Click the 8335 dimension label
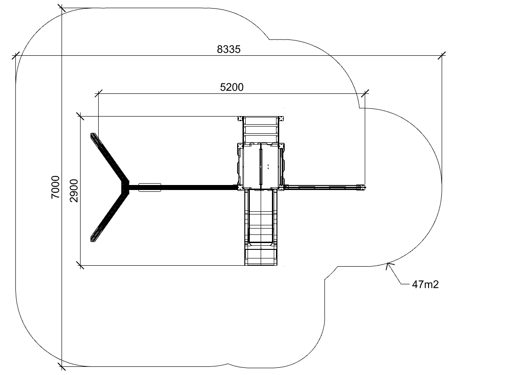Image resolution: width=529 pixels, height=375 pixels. click(229, 49)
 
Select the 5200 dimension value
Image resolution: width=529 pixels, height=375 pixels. click(232, 87)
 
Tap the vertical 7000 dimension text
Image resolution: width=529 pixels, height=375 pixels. click(55, 187)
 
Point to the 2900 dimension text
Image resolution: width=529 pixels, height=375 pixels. click(74, 191)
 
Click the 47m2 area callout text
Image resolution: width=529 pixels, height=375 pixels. click(425, 284)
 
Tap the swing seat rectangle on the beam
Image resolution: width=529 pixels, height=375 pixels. click(150, 187)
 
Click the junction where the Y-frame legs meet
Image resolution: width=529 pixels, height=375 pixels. click(125, 187)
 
